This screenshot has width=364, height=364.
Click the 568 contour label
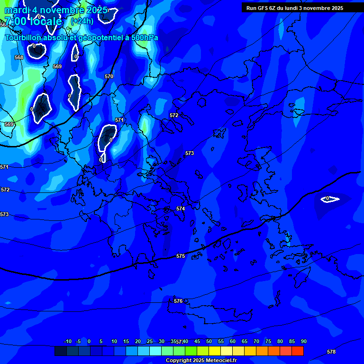[x=19, y=57]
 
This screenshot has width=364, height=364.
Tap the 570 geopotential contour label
[x=109, y=76]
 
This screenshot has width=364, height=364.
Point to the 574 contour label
[x=181, y=209]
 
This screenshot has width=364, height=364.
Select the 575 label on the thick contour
[x=181, y=256]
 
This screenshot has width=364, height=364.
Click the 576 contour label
[x=178, y=301]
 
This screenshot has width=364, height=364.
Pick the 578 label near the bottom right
[x=331, y=352]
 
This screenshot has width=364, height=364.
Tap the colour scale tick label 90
[x=304, y=342]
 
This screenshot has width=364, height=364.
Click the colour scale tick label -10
[x=68, y=342]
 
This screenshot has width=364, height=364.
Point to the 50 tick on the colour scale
[x=209, y=342]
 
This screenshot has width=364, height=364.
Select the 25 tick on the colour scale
[x=150, y=342]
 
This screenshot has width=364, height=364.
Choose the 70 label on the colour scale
[x=256, y=342]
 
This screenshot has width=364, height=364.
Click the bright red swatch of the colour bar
[x=298, y=351]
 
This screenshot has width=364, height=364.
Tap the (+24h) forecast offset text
[x=82, y=21]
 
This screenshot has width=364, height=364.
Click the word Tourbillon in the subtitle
[x=22, y=37]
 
